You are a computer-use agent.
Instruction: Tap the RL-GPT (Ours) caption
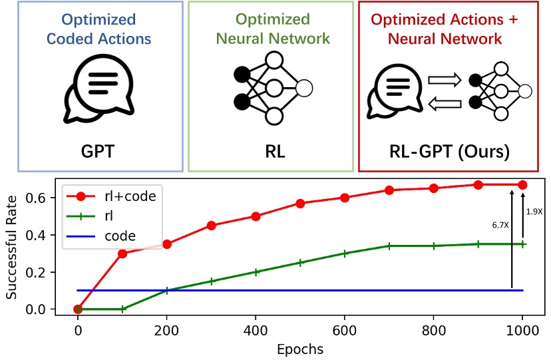tap(449, 151)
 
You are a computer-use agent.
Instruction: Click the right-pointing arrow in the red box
tap(443, 81)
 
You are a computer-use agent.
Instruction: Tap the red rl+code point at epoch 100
tap(122, 254)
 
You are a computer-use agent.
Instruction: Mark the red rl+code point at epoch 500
tap(300, 204)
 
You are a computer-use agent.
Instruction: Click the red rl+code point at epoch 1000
tap(522, 184)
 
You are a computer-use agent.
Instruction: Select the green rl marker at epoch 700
tap(389, 246)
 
